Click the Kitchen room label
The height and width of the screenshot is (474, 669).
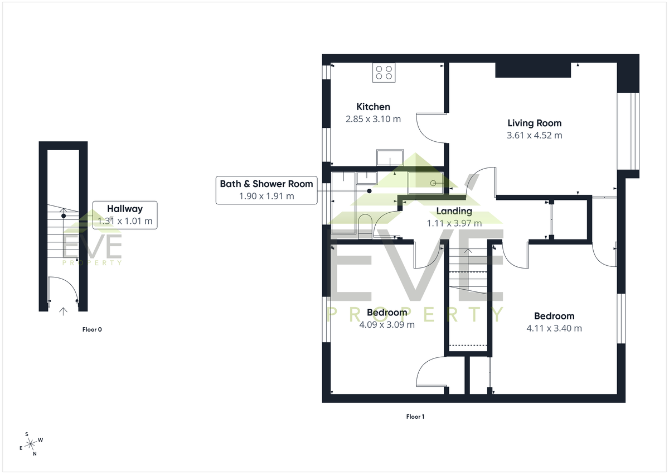pos(373,107)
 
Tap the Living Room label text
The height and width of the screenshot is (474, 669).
pos(534,123)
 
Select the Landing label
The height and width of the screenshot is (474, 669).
pos(454,211)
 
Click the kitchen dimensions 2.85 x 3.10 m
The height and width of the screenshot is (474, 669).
pos(373,119)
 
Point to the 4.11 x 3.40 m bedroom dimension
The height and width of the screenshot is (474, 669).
pos(554,328)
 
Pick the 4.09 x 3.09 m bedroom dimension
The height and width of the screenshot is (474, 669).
pos(387,325)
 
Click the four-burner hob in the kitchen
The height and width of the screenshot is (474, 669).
pos(384,73)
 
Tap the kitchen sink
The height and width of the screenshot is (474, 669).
pos(390,157)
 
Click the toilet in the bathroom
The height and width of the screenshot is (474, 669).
pos(365,226)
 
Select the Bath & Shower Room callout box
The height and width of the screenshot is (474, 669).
pos(266,190)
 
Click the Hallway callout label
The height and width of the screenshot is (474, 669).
pos(125,215)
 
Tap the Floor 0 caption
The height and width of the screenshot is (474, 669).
pos(92,329)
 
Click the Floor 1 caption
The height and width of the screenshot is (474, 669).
pos(415,416)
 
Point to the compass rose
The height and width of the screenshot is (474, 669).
pos(31,444)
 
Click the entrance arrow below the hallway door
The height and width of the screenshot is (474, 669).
pos(63,312)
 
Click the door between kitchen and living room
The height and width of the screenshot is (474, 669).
pos(430,128)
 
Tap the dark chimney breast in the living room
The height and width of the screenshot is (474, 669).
pos(533,70)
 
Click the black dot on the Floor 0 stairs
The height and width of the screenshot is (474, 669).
pos(64,216)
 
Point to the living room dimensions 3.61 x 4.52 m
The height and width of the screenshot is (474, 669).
pos(534,136)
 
